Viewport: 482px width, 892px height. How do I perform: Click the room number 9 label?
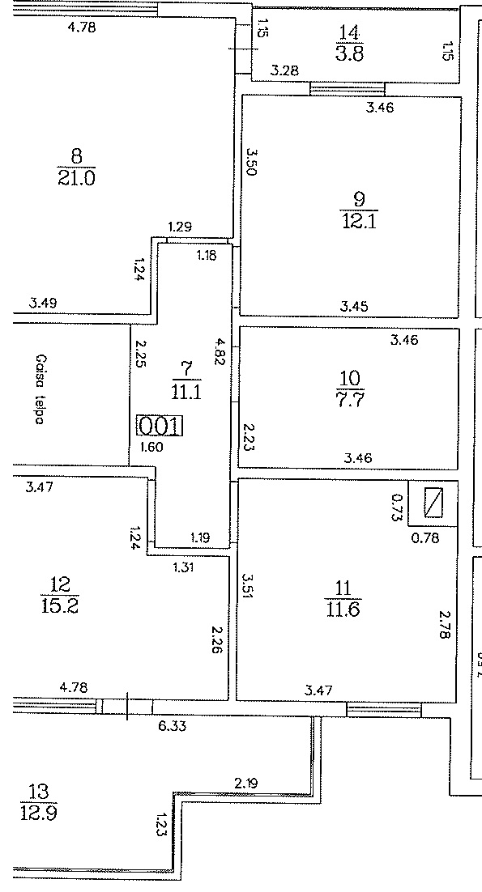[x=359, y=200]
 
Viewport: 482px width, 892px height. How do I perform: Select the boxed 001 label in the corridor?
[x=160, y=426]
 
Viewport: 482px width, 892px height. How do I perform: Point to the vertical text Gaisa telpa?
[x=39, y=389]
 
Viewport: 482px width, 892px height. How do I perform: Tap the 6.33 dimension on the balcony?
[x=172, y=726]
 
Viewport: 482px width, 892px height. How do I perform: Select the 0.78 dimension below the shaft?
[x=425, y=537]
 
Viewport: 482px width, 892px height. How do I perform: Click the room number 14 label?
[x=349, y=32]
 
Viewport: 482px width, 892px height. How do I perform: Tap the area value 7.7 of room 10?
[x=349, y=400]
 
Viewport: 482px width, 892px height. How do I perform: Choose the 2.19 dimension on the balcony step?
[x=245, y=784]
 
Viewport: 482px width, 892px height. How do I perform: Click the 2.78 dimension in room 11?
[x=445, y=625]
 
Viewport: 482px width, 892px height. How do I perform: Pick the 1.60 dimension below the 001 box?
[x=151, y=447]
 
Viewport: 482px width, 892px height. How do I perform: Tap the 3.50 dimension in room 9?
[x=251, y=162]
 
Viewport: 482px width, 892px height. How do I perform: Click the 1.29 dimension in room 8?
[x=180, y=227]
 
